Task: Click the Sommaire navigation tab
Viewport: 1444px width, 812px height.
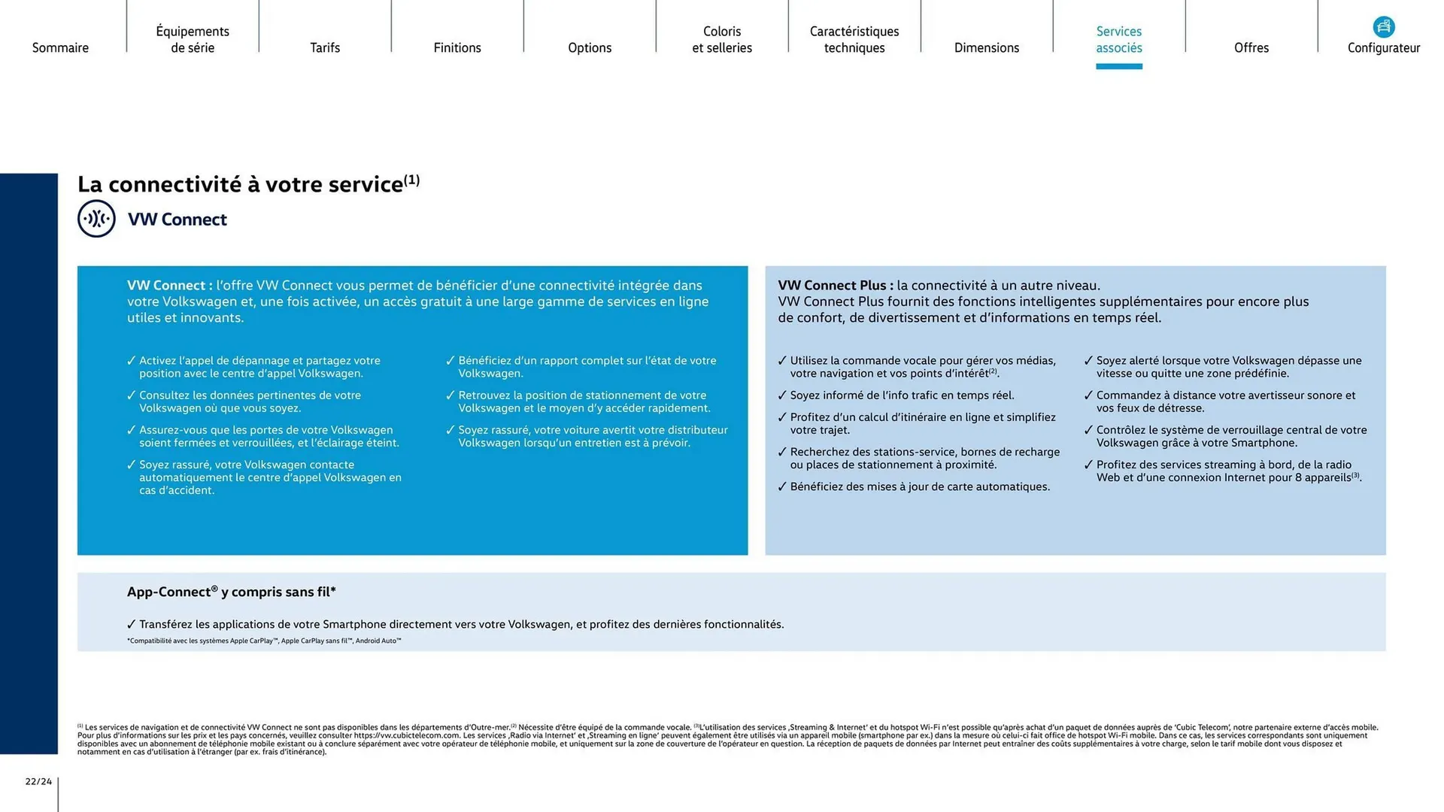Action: (60, 47)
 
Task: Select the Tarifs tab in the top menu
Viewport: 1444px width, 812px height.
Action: (325, 47)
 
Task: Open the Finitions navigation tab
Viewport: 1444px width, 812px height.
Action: (457, 47)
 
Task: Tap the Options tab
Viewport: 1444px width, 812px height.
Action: (590, 47)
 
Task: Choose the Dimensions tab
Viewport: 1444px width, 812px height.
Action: (987, 47)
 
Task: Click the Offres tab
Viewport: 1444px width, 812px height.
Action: (1251, 47)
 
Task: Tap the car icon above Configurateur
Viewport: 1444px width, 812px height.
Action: (1384, 27)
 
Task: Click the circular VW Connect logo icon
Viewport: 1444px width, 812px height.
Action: (96, 219)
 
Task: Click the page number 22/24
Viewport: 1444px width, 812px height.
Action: (38, 781)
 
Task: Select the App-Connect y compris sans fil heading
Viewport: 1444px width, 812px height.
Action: (231, 592)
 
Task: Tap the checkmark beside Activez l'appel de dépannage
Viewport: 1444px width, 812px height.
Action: (132, 361)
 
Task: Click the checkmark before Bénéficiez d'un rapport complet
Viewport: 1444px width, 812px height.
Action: (450, 361)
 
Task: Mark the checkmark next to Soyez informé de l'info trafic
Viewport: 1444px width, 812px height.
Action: (782, 395)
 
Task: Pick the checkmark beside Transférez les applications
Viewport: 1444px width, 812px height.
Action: (132, 624)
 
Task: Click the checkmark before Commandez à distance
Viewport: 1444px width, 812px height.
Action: (1088, 395)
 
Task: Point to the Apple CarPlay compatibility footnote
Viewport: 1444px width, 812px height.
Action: (264, 641)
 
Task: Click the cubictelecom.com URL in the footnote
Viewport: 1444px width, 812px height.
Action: (406, 735)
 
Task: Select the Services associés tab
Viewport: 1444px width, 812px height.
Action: (1119, 40)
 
